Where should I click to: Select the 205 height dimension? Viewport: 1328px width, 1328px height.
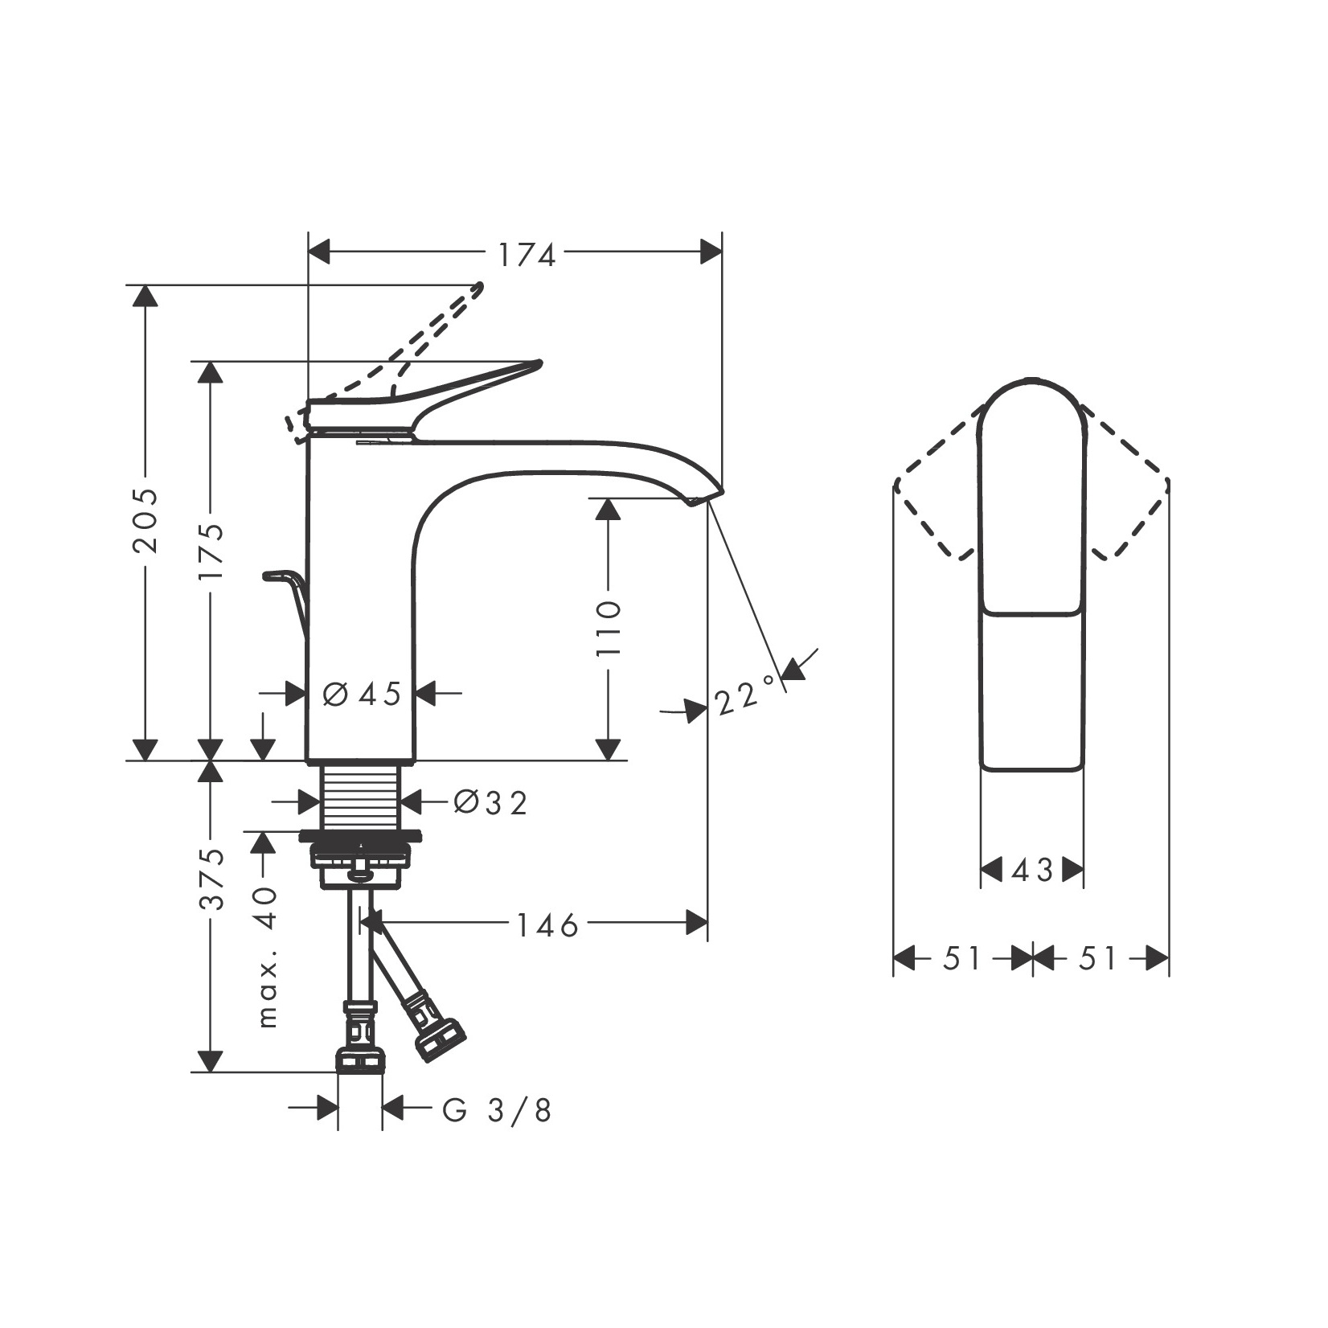pos(146,520)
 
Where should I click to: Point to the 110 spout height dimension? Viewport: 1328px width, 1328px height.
pos(609,627)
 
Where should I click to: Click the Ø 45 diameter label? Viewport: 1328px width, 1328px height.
pos(362,694)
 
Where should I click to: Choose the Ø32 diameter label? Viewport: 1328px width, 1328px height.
pos(490,802)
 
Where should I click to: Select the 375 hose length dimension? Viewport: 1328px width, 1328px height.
pos(212,879)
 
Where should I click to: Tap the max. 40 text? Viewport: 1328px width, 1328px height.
pos(267,957)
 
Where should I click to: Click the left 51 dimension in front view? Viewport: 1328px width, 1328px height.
pos(961,958)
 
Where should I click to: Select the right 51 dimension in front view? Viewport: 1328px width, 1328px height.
pos(1098,958)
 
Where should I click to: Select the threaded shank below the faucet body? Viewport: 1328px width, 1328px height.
pos(361,796)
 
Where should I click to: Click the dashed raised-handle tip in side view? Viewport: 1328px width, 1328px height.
pos(478,287)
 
